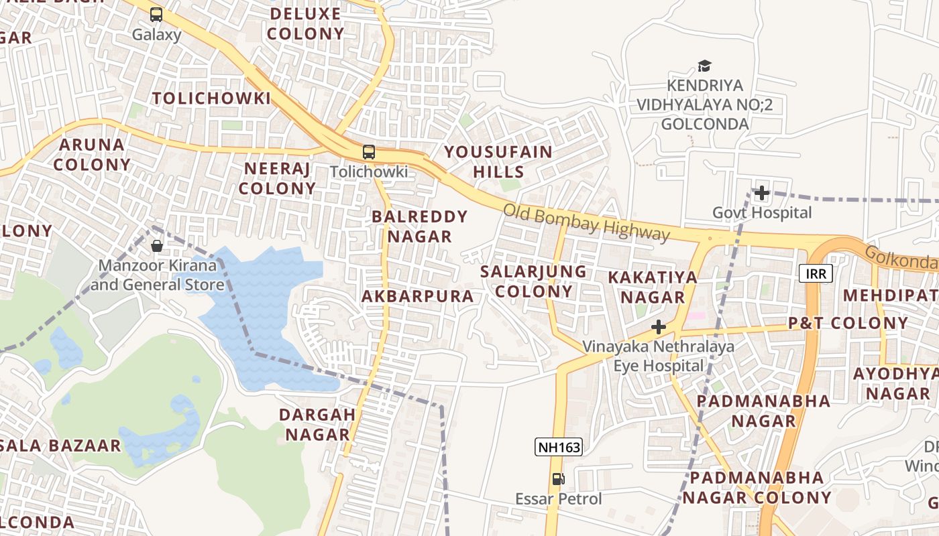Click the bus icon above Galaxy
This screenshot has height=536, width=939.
[156, 14]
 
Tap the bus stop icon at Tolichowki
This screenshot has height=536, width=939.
[369, 152]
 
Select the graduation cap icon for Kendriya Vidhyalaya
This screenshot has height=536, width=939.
[704, 66]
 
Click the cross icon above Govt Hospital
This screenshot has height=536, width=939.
[761, 194]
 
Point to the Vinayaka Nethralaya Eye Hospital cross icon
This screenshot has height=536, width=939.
[659, 327]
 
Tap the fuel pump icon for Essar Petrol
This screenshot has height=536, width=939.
[558, 479]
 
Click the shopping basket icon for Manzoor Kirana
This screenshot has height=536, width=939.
[157, 246]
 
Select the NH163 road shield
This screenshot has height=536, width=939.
[558, 447]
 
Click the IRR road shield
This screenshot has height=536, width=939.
[816, 273]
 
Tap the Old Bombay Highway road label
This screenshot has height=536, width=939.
[586, 222]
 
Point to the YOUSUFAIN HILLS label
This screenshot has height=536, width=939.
[498, 161]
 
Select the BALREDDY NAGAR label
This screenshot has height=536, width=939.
[419, 226]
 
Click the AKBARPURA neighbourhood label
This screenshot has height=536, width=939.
[417, 296]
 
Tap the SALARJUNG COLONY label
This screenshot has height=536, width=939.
[534, 281]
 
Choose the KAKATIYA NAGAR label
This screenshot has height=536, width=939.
[653, 287]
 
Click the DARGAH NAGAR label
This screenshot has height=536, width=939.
[318, 424]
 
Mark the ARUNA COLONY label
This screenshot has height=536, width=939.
[93, 154]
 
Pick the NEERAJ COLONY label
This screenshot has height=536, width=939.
[277, 178]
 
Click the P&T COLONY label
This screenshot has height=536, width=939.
[848, 323]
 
